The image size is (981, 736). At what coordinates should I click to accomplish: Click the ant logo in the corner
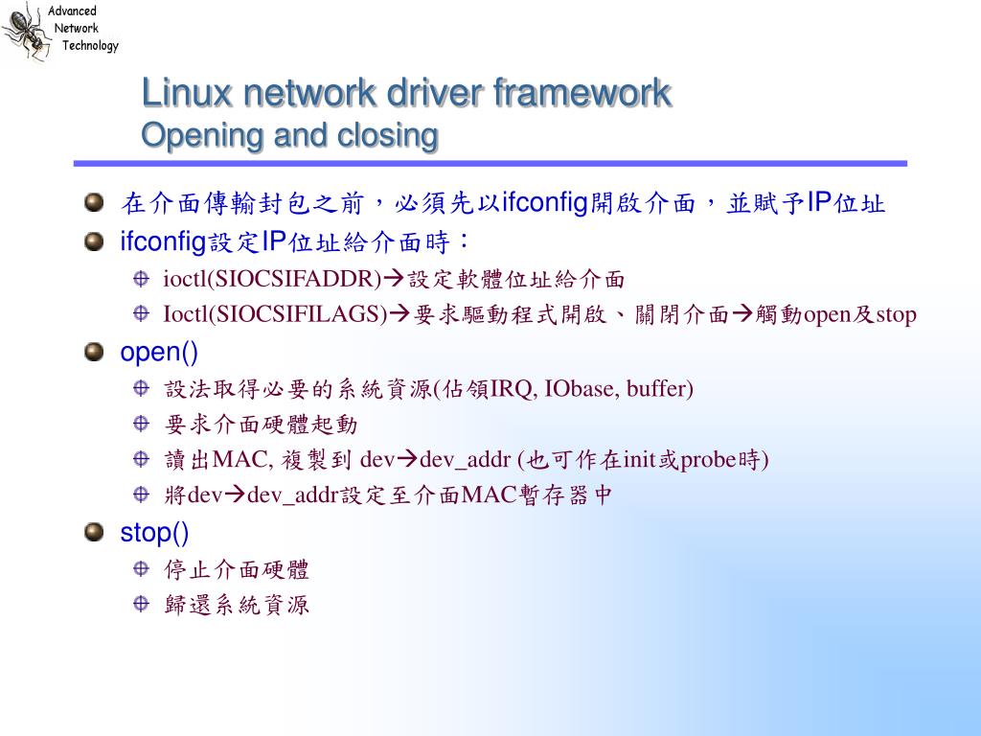(x=25, y=31)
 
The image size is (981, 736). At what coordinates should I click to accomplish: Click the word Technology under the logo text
(x=91, y=46)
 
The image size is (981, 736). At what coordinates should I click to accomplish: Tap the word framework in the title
(x=582, y=94)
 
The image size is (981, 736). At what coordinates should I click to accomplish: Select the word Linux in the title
(x=187, y=94)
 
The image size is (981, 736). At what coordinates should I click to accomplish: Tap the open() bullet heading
(x=159, y=353)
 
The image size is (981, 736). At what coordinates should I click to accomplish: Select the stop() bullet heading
(x=154, y=532)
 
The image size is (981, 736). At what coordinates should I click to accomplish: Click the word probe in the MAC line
(x=707, y=460)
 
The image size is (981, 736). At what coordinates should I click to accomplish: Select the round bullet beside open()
(x=93, y=353)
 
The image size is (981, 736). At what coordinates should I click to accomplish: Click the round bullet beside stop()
(x=93, y=532)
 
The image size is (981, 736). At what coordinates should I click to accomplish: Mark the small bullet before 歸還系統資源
(x=141, y=604)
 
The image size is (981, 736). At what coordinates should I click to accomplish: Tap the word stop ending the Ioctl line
(x=896, y=315)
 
